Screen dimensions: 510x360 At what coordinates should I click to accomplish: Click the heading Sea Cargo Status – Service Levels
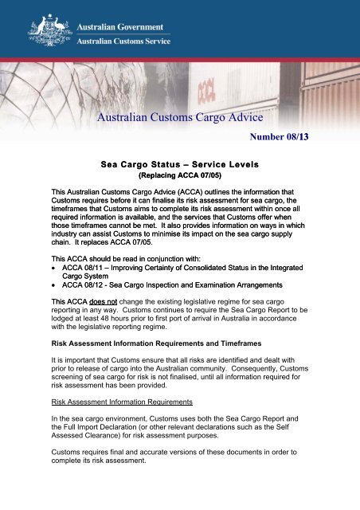(x=178, y=164)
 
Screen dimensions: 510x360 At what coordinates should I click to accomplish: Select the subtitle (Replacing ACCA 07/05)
(x=178, y=176)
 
